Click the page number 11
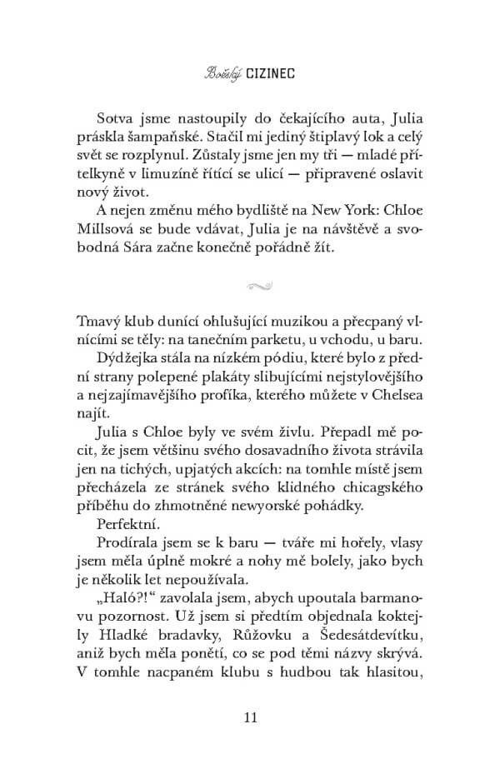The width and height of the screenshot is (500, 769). point(249,718)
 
